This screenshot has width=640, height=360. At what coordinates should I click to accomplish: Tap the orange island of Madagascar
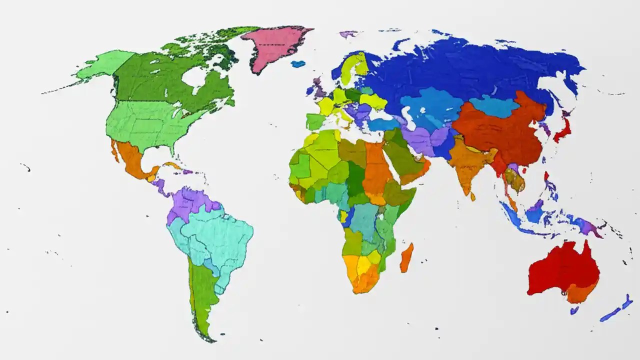pos(406,257)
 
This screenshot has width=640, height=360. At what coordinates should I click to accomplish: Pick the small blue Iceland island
pos(298,63)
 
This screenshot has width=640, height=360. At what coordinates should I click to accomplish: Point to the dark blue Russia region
pos(475,70)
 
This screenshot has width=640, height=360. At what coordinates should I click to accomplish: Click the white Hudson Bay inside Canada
pos(195,77)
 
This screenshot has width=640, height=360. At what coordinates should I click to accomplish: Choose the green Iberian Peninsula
pos(315,121)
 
